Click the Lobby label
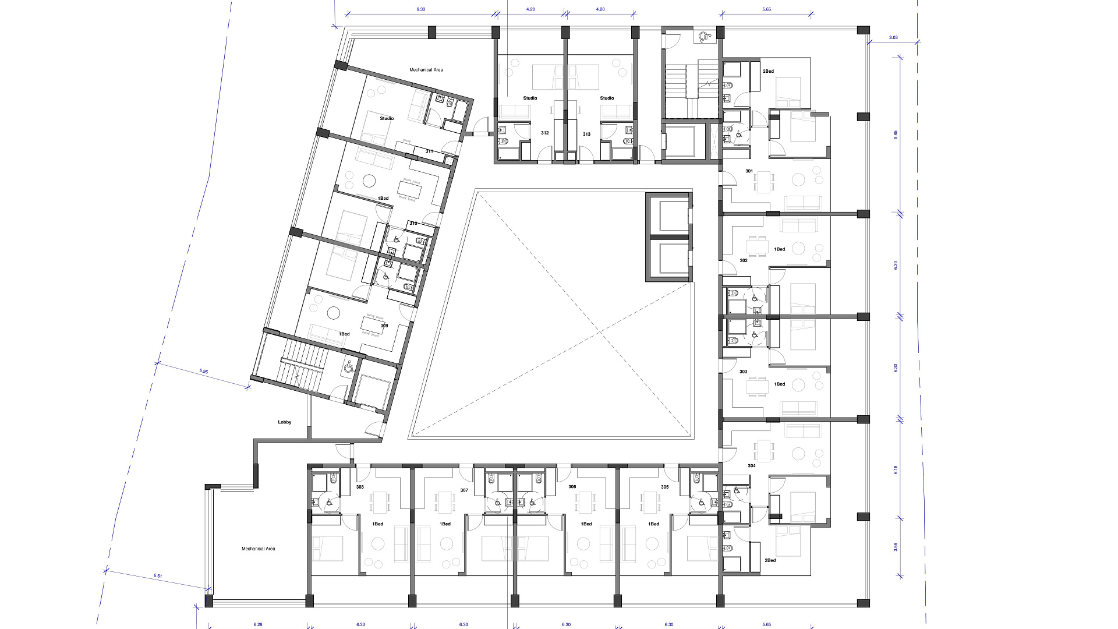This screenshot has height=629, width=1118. tap(285, 422)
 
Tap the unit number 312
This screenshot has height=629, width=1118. tap(545, 133)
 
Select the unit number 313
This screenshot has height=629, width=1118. tap(586, 134)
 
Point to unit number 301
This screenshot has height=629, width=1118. tap(749, 171)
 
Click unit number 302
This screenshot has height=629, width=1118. tap(744, 260)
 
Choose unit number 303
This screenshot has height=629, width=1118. tap(744, 372)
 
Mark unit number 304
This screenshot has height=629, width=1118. tap(752, 466)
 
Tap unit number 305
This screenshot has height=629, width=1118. tap(665, 487)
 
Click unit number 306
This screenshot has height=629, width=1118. tap(572, 487)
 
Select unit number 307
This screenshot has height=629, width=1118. tap(464, 490)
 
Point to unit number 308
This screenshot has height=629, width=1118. tap(360, 487)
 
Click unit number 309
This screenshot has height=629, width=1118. tap(384, 326)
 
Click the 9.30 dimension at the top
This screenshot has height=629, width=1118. tap(421, 9)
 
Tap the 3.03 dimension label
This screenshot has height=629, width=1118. tap(893, 37)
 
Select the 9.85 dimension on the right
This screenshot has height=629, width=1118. tap(896, 134)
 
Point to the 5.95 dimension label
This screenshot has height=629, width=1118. tap(204, 371)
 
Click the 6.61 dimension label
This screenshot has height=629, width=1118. tap(158, 576)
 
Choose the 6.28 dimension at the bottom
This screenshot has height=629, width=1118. tap(258, 624)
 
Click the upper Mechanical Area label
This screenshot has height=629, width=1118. tap(426, 70)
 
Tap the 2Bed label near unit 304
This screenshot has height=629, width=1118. tap(770, 560)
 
